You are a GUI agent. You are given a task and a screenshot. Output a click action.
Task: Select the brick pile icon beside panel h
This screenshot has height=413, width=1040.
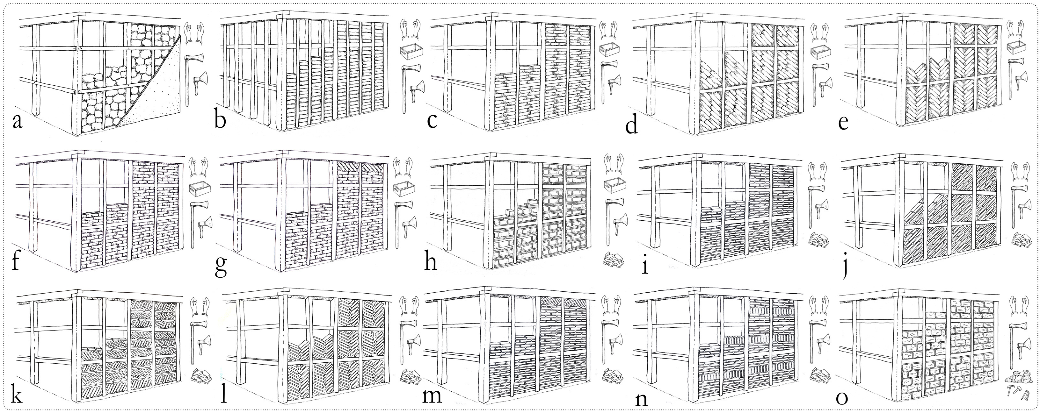pos(613,260)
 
